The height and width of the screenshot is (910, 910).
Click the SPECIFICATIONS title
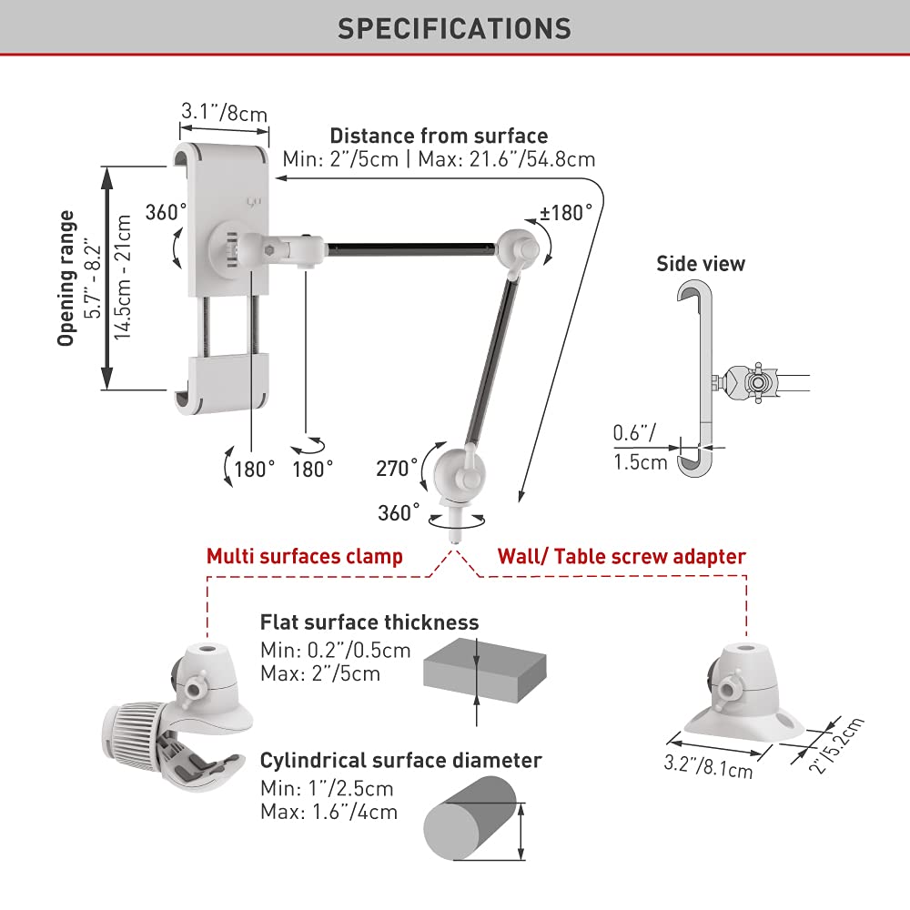point(454,27)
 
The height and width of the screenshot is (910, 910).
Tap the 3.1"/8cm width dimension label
point(224,112)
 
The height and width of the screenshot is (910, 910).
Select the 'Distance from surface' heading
point(439,136)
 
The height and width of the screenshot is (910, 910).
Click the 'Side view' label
point(701,264)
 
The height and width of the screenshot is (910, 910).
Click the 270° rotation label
point(397,469)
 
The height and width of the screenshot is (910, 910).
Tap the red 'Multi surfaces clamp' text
point(304,556)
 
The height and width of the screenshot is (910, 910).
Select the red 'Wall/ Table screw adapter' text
point(622,556)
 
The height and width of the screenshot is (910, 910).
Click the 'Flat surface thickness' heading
point(369,622)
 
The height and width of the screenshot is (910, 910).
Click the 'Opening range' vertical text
point(66,278)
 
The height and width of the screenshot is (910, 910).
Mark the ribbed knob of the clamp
point(136,727)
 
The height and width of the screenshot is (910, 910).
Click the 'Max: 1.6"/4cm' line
point(329,812)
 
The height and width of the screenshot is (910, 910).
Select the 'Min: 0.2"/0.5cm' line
point(335,651)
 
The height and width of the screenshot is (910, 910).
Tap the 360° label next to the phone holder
point(165,213)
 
